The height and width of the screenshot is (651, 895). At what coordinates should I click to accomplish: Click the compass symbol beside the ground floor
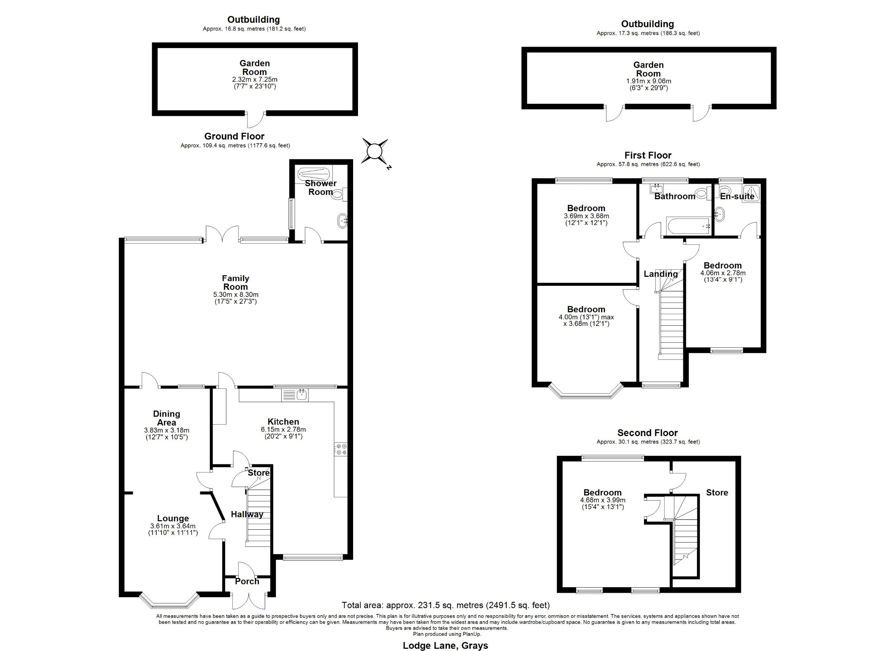pos(374,151)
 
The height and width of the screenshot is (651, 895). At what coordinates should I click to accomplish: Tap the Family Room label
pos(236,283)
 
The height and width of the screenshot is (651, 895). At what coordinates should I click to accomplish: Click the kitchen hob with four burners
pos(340,449)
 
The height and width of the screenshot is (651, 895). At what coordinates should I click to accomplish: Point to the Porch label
pos(247,581)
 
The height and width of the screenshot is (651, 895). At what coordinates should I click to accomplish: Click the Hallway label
pos(247,514)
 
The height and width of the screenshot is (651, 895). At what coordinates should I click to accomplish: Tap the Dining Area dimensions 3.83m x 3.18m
pos(167,430)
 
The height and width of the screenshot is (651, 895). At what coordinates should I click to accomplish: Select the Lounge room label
pos(173,518)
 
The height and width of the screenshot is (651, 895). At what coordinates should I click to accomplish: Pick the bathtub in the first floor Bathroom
pos(688,226)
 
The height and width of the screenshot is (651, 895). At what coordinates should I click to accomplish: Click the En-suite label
pos(737,196)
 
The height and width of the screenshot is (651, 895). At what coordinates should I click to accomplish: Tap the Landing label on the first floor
pos(660,274)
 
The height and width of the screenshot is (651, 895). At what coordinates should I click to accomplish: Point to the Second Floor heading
pos(648,433)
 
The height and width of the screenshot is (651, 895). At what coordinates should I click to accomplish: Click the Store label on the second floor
pos(717,492)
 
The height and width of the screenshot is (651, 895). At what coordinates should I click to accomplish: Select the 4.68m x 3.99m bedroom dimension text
pos(603,500)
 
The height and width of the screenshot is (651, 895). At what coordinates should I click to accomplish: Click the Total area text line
pos(446,605)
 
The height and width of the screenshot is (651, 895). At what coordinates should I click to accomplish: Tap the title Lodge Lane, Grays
pos(446,645)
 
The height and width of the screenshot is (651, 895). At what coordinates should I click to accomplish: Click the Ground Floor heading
pos(235,136)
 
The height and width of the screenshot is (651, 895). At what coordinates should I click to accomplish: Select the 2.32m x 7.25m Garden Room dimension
pos(255,79)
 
